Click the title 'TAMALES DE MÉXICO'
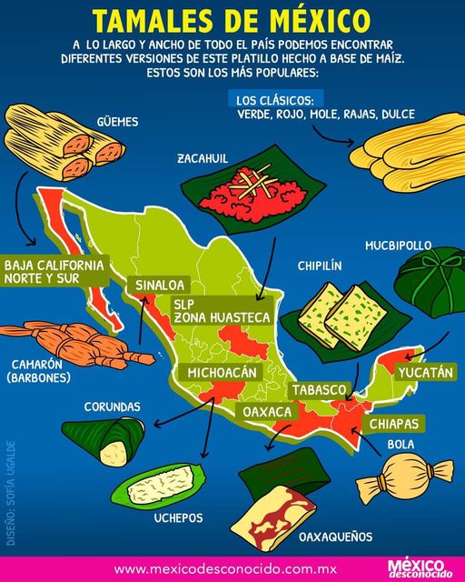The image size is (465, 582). click(x=232, y=21)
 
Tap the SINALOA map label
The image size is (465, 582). click(x=160, y=286)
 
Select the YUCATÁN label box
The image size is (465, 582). click(x=423, y=372)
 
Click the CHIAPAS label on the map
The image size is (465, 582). click(x=393, y=424)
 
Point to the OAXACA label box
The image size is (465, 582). click(x=267, y=412)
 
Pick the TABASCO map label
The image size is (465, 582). click(x=318, y=390)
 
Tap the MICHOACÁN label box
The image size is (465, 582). click(x=224, y=373)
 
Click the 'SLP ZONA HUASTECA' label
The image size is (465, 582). click(x=222, y=310)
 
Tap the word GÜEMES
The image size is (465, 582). click(x=122, y=119)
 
